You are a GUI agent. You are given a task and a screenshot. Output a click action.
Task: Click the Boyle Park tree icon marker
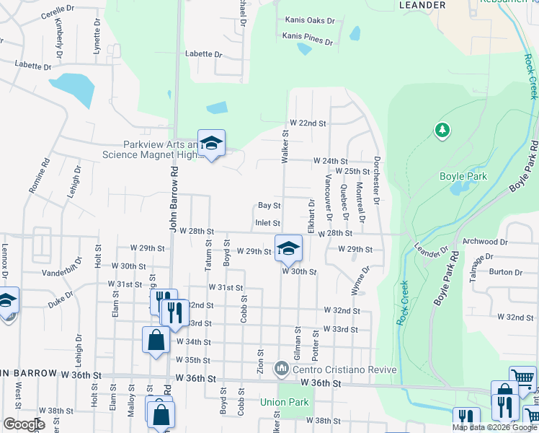(442, 131)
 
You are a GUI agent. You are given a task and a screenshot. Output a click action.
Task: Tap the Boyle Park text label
(463, 176)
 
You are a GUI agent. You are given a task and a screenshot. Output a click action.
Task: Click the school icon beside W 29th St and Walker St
(288, 248)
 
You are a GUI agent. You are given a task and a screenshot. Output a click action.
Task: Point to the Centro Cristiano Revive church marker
(281, 369)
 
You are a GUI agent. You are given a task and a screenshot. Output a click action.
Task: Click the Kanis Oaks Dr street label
(311, 20)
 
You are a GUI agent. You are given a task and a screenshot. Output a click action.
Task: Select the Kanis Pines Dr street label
(308, 35)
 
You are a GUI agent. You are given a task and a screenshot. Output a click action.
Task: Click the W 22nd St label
(308, 123)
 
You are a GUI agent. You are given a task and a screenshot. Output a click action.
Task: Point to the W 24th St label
(329, 161)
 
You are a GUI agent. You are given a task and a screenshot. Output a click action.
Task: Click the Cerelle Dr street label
(59, 15)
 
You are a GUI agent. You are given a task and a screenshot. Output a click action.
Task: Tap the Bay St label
(269, 206)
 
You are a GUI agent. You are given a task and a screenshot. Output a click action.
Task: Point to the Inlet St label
(267, 224)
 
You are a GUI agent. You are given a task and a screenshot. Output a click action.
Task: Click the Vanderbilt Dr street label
(64, 274)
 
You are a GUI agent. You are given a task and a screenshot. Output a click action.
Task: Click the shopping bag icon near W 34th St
(156, 340)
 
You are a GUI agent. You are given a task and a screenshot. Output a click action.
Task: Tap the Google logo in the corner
(24, 424)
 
